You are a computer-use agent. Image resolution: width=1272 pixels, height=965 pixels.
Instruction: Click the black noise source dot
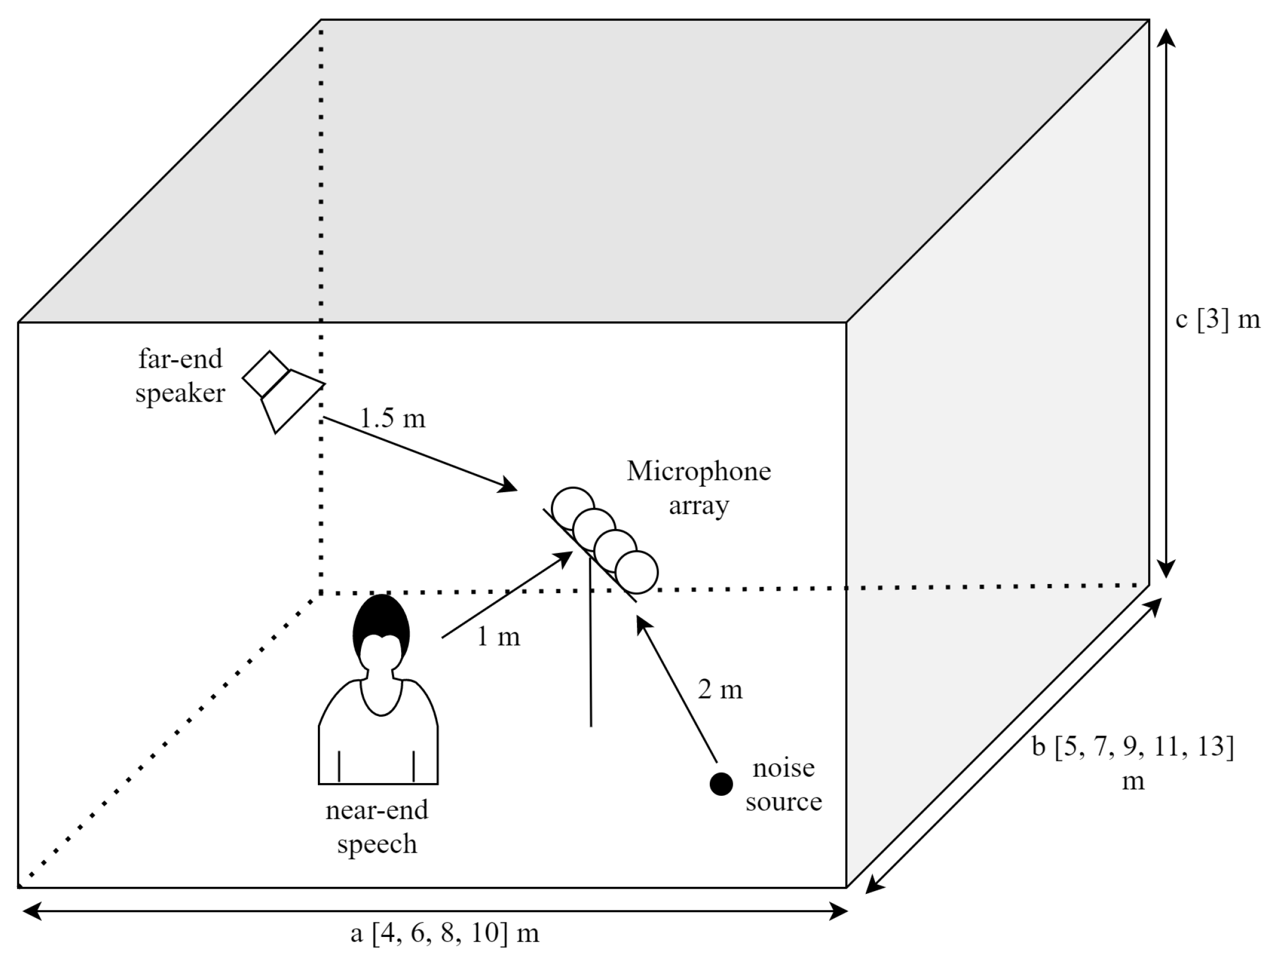tap(721, 784)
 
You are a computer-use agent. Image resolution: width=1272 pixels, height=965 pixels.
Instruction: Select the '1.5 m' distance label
tap(392, 418)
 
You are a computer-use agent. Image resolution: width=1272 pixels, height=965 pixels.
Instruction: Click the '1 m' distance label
tap(499, 637)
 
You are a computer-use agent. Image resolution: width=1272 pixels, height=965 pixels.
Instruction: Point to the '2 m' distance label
tap(720, 689)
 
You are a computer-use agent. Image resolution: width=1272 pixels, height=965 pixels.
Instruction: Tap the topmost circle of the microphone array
tap(572, 507)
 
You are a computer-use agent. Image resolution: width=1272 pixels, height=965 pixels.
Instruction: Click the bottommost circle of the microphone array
tap(637, 572)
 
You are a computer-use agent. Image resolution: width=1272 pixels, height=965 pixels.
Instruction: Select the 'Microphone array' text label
tap(698, 488)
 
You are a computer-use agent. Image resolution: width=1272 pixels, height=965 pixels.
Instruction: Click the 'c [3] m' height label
tap(1217, 320)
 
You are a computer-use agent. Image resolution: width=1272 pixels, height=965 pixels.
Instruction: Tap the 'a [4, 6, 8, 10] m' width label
tap(445, 933)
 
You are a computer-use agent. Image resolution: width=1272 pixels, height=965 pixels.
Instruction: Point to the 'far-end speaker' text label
tap(180, 376)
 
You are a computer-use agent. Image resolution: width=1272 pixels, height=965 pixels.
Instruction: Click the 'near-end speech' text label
tap(376, 826)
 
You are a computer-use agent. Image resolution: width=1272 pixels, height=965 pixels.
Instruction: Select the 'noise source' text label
tap(783, 784)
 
